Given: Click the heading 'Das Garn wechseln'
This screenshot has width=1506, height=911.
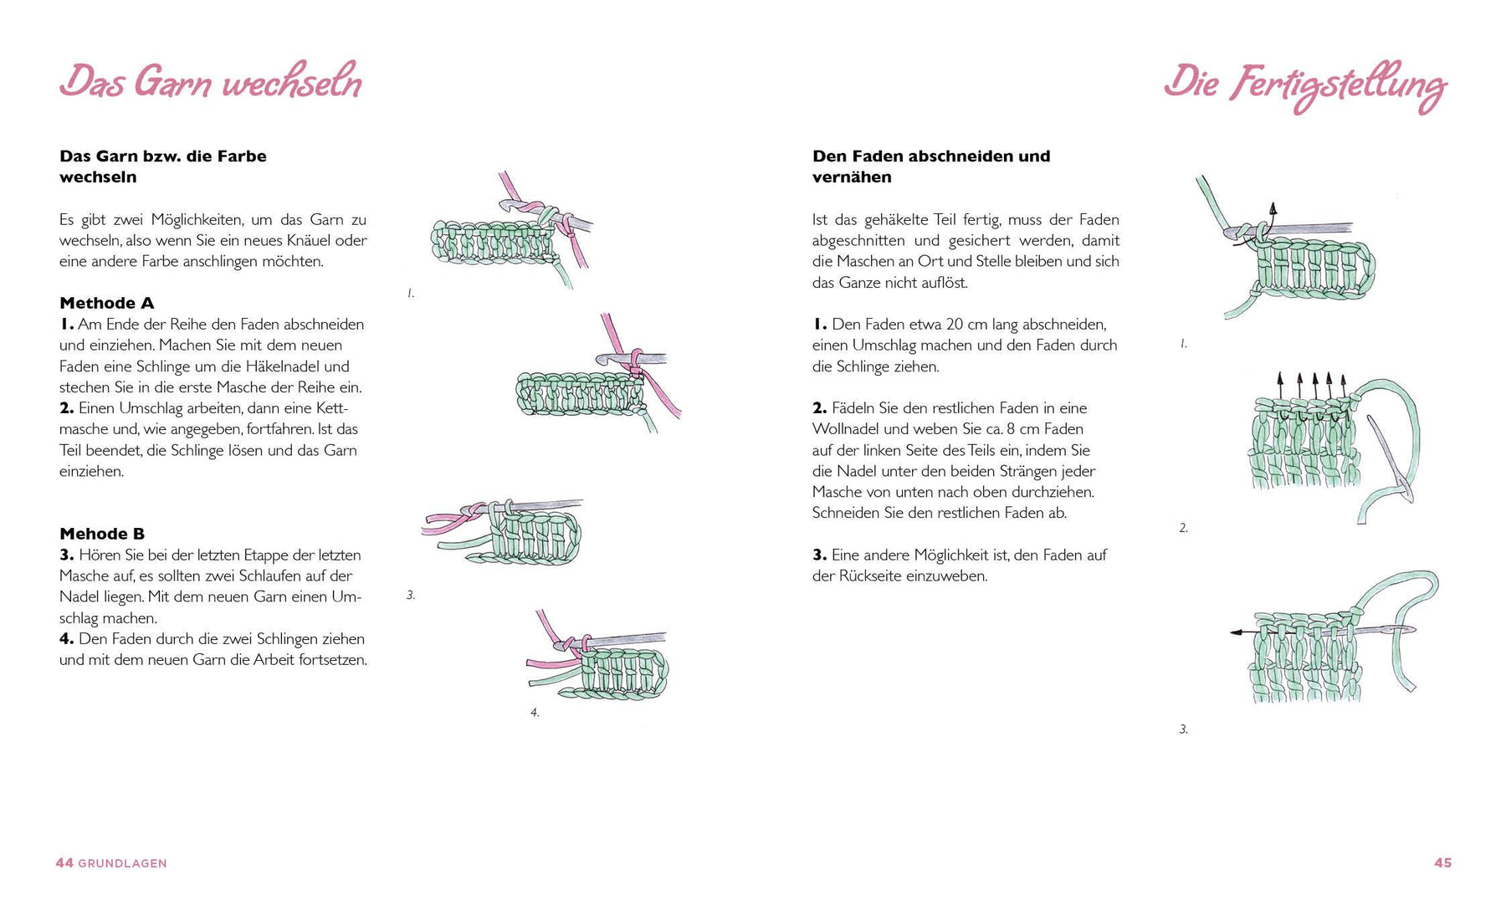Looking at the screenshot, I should click(x=211, y=83).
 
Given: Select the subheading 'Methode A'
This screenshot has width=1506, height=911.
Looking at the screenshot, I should click(x=107, y=303).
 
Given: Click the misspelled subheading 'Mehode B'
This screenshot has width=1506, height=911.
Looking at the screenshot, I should click(x=102, y=534).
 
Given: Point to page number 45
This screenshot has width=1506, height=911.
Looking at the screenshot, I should click(x=1442, y=862).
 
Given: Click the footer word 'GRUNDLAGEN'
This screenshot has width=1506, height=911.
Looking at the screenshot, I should click(x=122, y=863).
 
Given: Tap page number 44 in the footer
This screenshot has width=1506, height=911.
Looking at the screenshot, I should click(x=64, y=862).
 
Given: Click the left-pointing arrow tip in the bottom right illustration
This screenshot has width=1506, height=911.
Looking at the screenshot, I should click(x=1233, y=633).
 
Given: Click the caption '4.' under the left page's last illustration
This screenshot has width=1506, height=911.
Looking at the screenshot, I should click(x=535, y=713).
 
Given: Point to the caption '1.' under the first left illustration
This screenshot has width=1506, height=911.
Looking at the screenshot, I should click(x=411, y=294).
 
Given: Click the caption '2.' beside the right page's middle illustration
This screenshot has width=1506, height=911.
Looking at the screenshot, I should click(x=1183, y=528).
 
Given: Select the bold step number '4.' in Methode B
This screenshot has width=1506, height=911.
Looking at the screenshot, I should click(x=67, y=639).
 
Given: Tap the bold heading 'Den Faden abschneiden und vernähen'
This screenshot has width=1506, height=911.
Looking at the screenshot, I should click(x=930, y=166).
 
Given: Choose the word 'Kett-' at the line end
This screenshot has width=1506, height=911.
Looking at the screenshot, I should click(x=332, y=408).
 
